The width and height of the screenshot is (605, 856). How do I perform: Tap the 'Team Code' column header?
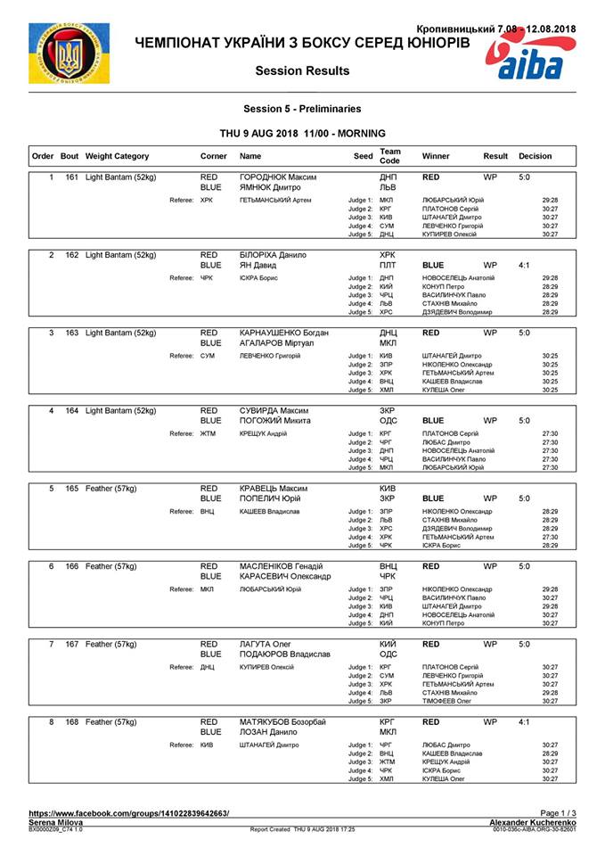[390, 155]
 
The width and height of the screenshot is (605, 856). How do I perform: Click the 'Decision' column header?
[535, 156]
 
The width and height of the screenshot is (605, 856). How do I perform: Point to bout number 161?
[69, 177]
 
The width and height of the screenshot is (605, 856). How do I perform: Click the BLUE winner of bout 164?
[433, 420]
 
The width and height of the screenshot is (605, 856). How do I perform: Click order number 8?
[51, 721]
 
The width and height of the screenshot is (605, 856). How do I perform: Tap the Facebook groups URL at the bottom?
[128, 812]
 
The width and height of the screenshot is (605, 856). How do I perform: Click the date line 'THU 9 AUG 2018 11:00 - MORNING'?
[302, 132]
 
